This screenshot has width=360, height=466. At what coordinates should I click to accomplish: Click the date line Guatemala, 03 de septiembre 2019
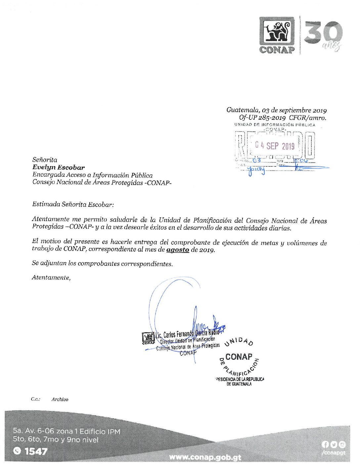pos(276,110)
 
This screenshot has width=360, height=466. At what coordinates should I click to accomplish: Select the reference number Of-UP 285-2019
pos(262,117)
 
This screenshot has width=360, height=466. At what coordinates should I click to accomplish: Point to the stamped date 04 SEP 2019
pos(275,146)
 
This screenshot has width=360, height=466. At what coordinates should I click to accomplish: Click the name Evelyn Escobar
pos(59,167)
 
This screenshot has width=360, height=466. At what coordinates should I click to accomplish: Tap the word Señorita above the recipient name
pos(45,160)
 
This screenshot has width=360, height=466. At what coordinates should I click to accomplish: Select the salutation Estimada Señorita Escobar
pos(73,205)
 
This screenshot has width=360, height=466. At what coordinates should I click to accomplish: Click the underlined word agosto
pos(178,250)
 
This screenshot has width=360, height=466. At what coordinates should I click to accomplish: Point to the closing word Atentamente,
pos(51,278)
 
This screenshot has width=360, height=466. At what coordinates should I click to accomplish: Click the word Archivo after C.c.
pos(60,399)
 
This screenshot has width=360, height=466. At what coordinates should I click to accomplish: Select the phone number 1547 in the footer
pos(36,451)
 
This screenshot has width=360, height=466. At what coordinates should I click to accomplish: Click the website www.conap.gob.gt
pos(205,457)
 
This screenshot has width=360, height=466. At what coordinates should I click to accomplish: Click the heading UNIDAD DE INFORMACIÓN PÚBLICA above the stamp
pos(275,125)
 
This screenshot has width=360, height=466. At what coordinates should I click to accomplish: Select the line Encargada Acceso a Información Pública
pos(92,175)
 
